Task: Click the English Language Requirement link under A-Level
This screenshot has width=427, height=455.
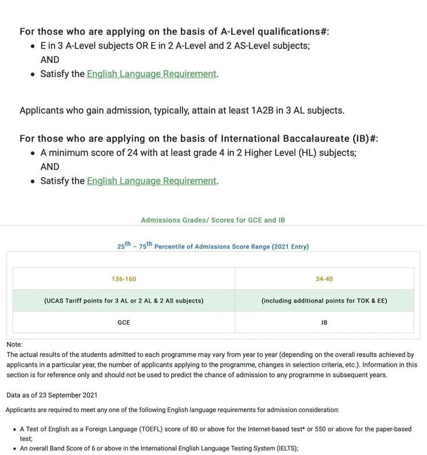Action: coord(152,74)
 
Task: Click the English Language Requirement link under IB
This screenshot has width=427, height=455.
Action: coord(152,181)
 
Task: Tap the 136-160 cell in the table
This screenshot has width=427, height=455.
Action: coord(124,279)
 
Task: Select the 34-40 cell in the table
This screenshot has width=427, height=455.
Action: coord(324,279)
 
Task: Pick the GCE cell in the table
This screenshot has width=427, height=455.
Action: coord(124,322)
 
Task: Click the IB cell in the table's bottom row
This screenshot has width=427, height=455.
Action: coord(324,322)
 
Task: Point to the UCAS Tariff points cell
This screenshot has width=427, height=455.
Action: coord(124,300)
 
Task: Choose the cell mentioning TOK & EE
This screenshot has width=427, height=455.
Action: coord(324,300)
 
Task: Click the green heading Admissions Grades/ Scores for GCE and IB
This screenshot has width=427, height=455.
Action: coord(213,220)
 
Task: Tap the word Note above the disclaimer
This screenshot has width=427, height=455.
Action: coord(14,345)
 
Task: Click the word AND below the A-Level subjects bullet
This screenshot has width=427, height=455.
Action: coord(50,60)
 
